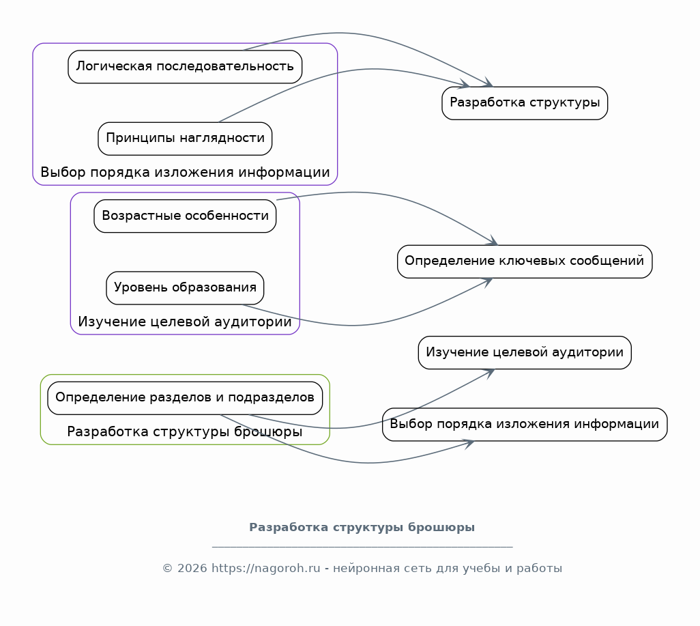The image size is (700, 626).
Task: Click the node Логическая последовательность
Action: [x=185, y=67]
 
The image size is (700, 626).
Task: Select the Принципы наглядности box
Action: [x=185, y=139]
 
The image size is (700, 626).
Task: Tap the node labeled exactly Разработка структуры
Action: [x=525, y=103]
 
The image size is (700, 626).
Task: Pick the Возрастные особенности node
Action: [x=185, y=216]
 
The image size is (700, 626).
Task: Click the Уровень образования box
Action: [x=185, y=288]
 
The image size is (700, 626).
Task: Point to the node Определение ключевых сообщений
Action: [x=525, y=261]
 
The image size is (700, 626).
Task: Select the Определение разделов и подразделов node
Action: [x=185, y=398]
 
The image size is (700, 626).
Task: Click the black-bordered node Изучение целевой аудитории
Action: [x=525, y=352]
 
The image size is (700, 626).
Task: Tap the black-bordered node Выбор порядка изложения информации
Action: [x=525, y=425]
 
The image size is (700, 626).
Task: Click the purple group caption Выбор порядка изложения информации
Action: [x=185, y=172]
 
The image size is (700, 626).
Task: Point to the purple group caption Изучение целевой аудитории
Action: [x=185, y=322]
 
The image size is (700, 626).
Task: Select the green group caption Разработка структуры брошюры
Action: [x=185, y=431]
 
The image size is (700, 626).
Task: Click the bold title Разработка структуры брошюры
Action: [x=362, y=527]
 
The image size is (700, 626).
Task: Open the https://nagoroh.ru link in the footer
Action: [x=265, y=569]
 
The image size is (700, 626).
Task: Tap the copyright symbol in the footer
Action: [x=167, y=569]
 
